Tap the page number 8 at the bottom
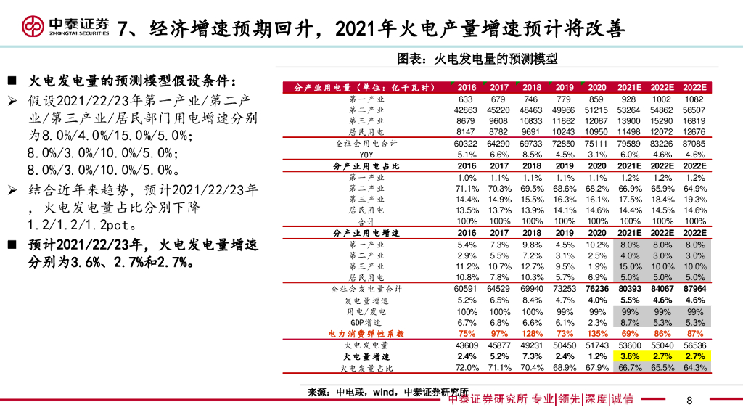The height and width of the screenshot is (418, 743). tap(689, 400)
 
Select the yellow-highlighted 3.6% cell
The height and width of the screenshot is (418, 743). tap(630, 357)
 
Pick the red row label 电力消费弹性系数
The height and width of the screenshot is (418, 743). tap(366, 334)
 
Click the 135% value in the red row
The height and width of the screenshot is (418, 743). tap(597, 334)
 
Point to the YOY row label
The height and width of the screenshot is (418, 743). tap(366, 155)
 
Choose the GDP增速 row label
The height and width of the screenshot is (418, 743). tap(366, 322)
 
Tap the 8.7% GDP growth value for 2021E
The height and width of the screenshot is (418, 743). tap(630, 322)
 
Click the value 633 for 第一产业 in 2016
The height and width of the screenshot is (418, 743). tap(466, 99)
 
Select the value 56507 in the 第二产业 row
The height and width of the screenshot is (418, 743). tap(694, 110)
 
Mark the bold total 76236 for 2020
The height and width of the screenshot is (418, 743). tap(597, 289)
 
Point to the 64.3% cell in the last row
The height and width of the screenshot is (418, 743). tap(694, 368)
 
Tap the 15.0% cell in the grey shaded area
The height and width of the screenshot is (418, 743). tap(630, 266)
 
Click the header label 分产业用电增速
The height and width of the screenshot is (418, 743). tap(366, 233)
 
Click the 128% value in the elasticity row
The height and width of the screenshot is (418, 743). tap(532, 334)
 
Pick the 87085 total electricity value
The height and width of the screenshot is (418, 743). tap(694, 144)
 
